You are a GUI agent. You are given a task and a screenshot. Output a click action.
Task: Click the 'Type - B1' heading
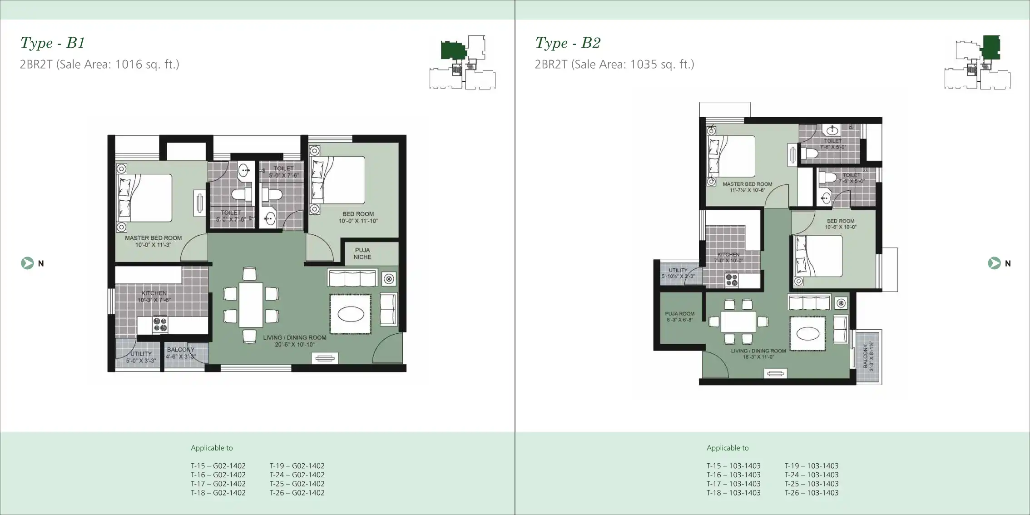(x=53, y=43)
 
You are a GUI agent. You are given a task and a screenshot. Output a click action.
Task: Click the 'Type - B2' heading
(x=568, y=43)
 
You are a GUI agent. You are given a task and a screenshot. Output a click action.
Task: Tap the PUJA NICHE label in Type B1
(x=362, y=253)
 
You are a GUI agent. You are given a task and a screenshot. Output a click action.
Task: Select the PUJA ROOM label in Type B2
(x=679, y=317)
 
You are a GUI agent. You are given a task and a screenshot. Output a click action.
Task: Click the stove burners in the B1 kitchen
(x=160, y=324)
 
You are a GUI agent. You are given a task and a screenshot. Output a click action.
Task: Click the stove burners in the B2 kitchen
(x=731, y=280)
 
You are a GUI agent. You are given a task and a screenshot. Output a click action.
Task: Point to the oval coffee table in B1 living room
(x=351, y=314)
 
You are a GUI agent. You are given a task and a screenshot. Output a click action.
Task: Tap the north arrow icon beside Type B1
(x=27, y=263)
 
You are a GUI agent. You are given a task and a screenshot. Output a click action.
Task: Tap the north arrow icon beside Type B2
(x=994, y=263)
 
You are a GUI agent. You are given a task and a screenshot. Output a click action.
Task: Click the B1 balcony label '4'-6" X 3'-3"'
(x=180, y=357)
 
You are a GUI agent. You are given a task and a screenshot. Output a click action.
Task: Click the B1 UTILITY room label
(x=141, y=354)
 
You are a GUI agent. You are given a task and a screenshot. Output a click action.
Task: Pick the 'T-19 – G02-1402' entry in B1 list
(x=297, y=465)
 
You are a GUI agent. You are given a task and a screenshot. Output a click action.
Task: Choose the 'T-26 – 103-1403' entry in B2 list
(x=812, y=493)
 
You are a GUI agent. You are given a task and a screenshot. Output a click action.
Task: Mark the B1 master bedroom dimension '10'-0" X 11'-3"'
(x=153, y=245)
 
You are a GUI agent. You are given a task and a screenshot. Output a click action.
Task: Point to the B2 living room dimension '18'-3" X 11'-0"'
(x=758, y=357)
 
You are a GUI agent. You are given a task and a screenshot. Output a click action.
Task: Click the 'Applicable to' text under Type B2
(x=728, y=448)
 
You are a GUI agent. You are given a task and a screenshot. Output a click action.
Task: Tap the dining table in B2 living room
(x=738, y=322)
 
